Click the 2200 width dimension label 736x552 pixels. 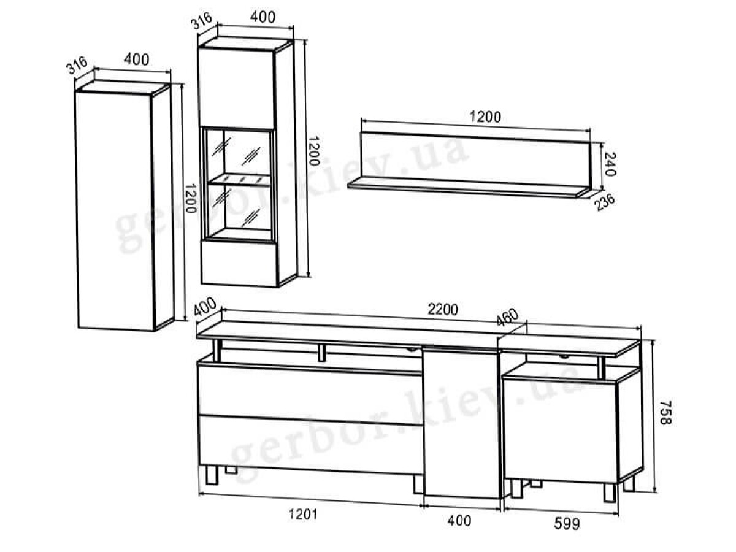point(442,310)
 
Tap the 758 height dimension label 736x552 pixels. point(666,413)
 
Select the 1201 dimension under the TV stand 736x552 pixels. point(303,514)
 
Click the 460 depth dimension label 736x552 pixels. point(507,317)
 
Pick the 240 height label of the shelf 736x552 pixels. point(610,164)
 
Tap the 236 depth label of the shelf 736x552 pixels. point(605,202)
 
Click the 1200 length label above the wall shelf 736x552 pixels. point(485,117)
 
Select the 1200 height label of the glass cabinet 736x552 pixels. point(313,151)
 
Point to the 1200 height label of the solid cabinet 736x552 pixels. point(190,198)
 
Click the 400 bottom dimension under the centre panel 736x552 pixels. point(459,521)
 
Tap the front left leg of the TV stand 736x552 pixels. point(212,475)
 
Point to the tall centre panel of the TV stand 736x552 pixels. point(462,423)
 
